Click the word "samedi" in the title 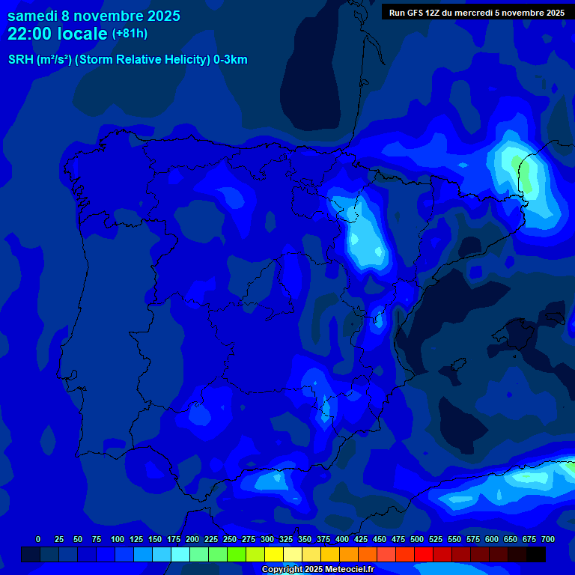[x=32, y=16]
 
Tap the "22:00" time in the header [x=31, y=34]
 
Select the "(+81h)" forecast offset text [x=130, y=34]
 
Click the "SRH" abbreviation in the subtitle [x=20, y=60]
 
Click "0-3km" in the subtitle [x=231, y=60]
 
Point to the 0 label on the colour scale [x=38, y=539]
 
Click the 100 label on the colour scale [x=118, y=539]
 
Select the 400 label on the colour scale [x=342, y=539]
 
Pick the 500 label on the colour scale [x=417, y=539]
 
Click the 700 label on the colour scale [x=548, y=539]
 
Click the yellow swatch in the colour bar [x=274, y=555]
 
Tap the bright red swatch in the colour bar [x=424, y=555]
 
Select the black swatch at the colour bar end [x=536, y=555]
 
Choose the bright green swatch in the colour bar [x=237, y=555]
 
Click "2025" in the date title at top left [x=159, y=16]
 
